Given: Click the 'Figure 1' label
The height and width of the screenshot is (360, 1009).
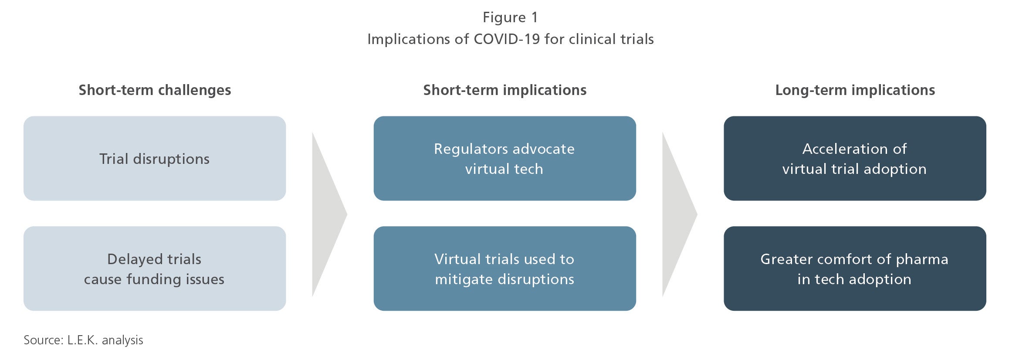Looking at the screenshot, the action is coord(510,18).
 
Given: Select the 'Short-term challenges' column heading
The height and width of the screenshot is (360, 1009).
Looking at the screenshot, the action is coord(155,90).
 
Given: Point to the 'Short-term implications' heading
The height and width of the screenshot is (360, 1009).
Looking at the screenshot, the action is coord(505,90).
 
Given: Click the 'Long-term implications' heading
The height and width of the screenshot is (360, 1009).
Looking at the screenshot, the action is coord(855,90).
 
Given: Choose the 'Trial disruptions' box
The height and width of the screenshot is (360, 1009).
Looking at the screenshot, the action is coord(155,158).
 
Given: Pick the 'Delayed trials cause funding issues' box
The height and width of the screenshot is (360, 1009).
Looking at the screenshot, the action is coord(155,268).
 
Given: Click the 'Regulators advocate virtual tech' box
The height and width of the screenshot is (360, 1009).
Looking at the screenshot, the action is coord(505,158).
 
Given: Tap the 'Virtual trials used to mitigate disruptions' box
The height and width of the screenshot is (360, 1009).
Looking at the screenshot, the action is coord(505,268).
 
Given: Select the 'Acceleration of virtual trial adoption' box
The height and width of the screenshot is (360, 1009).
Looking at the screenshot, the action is coord(855,158).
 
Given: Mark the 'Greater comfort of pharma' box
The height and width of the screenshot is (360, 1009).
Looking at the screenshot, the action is coord(855,268).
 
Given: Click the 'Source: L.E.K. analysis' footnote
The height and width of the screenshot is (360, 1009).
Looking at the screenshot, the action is coord(83,340).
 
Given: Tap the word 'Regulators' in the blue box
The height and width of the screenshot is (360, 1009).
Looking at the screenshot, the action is coord(471,149).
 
